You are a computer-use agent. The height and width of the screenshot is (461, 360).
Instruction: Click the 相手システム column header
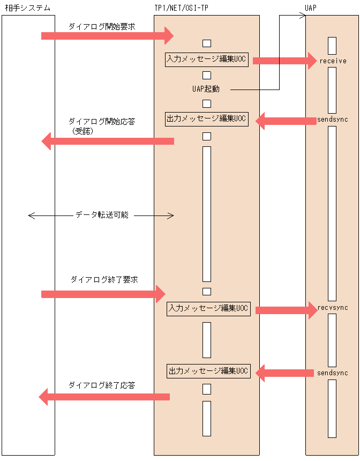[28, 8]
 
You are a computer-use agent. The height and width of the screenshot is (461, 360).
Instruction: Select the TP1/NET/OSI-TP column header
[181, 8]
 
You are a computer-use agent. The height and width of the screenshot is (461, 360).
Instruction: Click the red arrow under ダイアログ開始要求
[107, 36]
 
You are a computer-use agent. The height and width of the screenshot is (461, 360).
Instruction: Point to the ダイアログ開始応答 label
[101, 122]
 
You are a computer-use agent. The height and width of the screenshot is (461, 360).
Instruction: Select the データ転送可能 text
[101, 215]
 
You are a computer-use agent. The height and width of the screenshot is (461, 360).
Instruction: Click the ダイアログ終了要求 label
[104, 280]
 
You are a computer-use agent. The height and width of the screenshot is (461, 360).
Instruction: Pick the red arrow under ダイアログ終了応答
[104, 397]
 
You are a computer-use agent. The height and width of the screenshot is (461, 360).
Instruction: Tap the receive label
[333, 61]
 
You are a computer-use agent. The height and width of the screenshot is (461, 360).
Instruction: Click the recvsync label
[333, 308]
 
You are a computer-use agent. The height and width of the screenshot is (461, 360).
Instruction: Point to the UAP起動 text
[206, 89]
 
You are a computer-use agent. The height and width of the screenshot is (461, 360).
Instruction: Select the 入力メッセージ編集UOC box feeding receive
[207, 60]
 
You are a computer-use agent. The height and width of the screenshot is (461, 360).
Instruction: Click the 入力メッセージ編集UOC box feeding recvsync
[208, 309]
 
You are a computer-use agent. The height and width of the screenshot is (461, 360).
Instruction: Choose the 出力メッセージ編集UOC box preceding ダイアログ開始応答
[207, 119]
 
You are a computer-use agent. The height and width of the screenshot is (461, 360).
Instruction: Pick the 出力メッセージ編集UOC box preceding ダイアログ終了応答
[208, 371]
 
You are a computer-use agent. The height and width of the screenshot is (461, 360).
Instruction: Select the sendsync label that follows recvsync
[332, 373]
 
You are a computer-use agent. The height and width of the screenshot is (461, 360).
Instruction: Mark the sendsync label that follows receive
[332, 120]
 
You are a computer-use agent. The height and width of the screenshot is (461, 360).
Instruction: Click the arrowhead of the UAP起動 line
[302, 16]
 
